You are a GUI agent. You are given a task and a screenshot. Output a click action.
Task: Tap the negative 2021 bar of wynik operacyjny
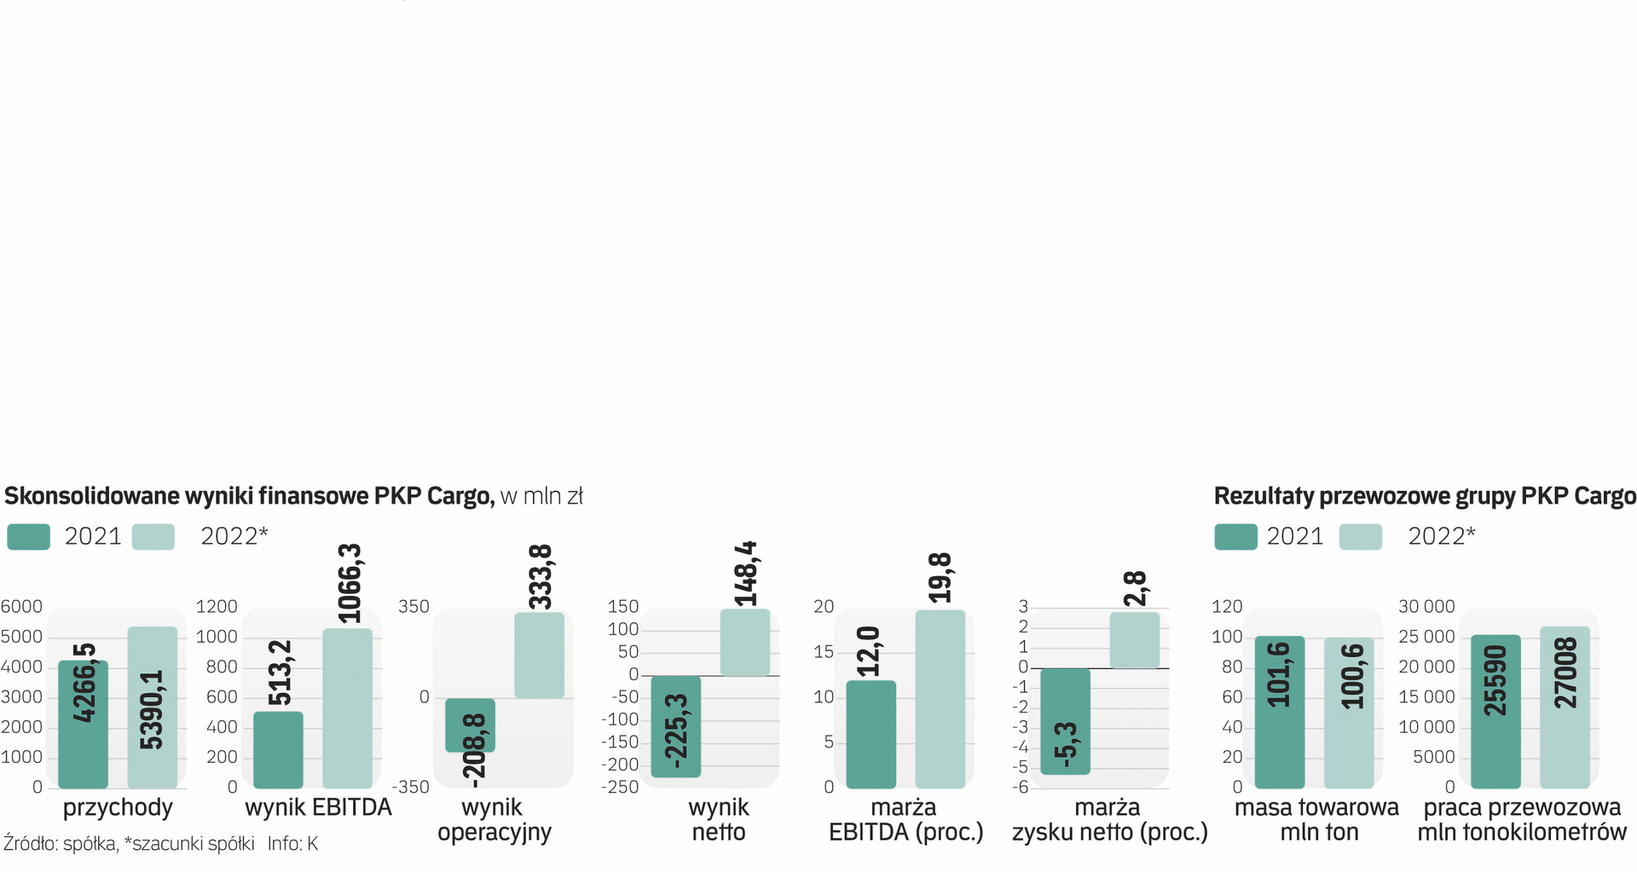pos(470,725)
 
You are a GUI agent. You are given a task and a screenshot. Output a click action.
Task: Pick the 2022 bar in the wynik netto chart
pos(744,643)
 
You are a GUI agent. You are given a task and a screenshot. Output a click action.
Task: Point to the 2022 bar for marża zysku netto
pos(1134,640)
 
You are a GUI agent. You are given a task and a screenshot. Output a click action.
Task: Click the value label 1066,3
pos(350,583)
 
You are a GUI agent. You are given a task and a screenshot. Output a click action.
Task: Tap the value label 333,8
pos(541,577)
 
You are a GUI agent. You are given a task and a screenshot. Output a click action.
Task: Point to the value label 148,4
pos(746,574)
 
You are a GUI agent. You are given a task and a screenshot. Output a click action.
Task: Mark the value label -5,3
pos(1066,746)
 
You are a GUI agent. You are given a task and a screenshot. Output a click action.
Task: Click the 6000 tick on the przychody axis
pos(21,607)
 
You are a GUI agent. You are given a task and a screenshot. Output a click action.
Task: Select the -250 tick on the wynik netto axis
pos(620,788)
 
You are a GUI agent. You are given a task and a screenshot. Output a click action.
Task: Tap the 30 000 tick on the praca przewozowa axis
pos(1426,607)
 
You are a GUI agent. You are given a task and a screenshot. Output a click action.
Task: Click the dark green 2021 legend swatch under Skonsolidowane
pos(28,537)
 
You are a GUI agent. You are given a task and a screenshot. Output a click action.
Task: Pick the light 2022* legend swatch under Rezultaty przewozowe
pos(1360,537)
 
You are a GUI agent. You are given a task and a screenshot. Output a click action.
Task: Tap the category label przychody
pos(118,807)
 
